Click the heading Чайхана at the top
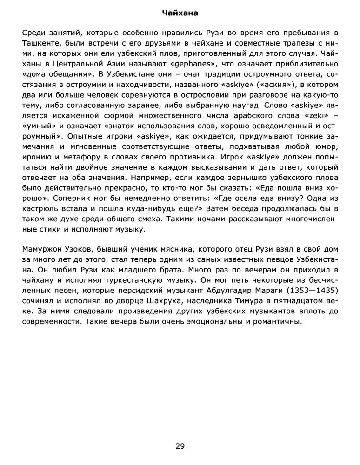tap(180, 13)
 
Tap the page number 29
tap(180, 446)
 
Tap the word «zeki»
tap(317, 114)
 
